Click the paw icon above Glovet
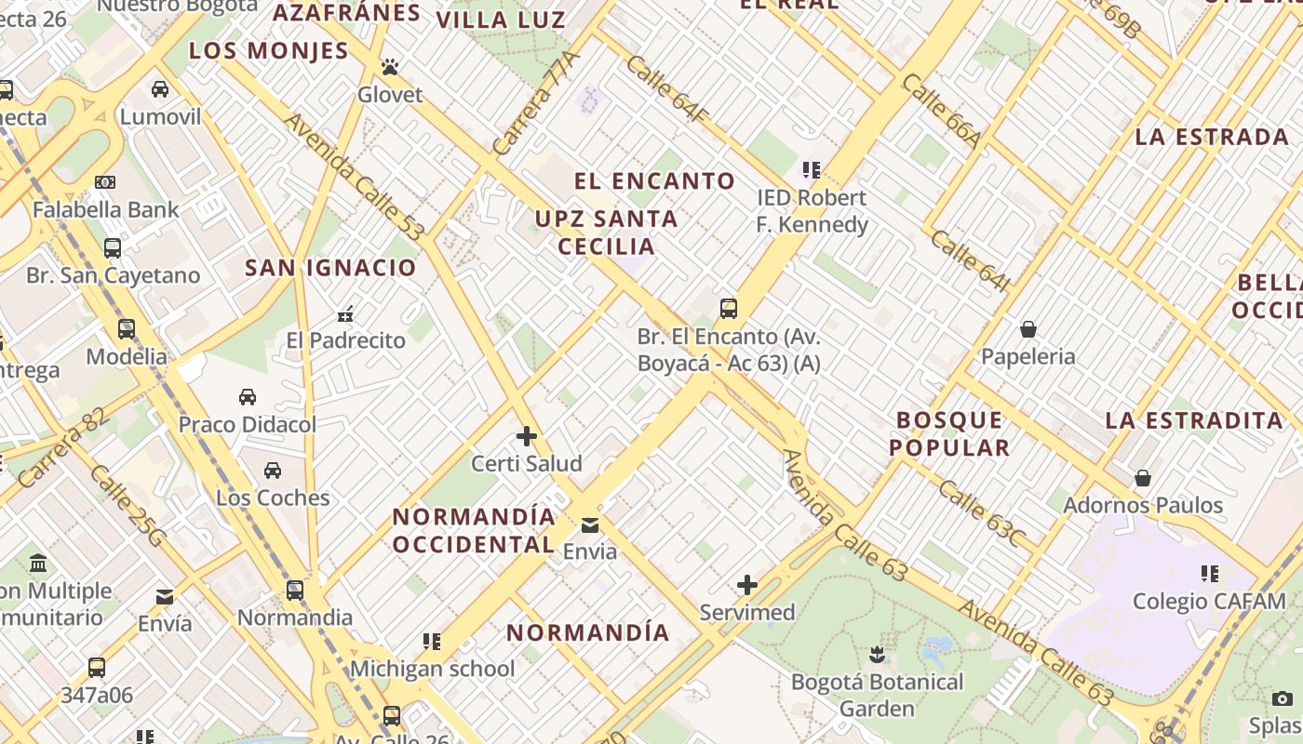390,67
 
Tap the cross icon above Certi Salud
527,435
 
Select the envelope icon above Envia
590,525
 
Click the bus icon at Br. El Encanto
729,308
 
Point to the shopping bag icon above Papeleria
1028,329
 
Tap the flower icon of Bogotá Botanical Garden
876,655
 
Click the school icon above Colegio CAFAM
1209,574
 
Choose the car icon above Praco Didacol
248,397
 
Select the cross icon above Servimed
746,585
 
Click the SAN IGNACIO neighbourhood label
330,268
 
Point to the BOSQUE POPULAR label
949,433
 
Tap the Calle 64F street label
667,89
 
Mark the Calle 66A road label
942,111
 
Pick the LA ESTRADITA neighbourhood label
1194,420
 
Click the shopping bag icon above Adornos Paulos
1143,478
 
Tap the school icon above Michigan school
432,641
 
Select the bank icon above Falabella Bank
105,182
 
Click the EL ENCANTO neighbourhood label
654,180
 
